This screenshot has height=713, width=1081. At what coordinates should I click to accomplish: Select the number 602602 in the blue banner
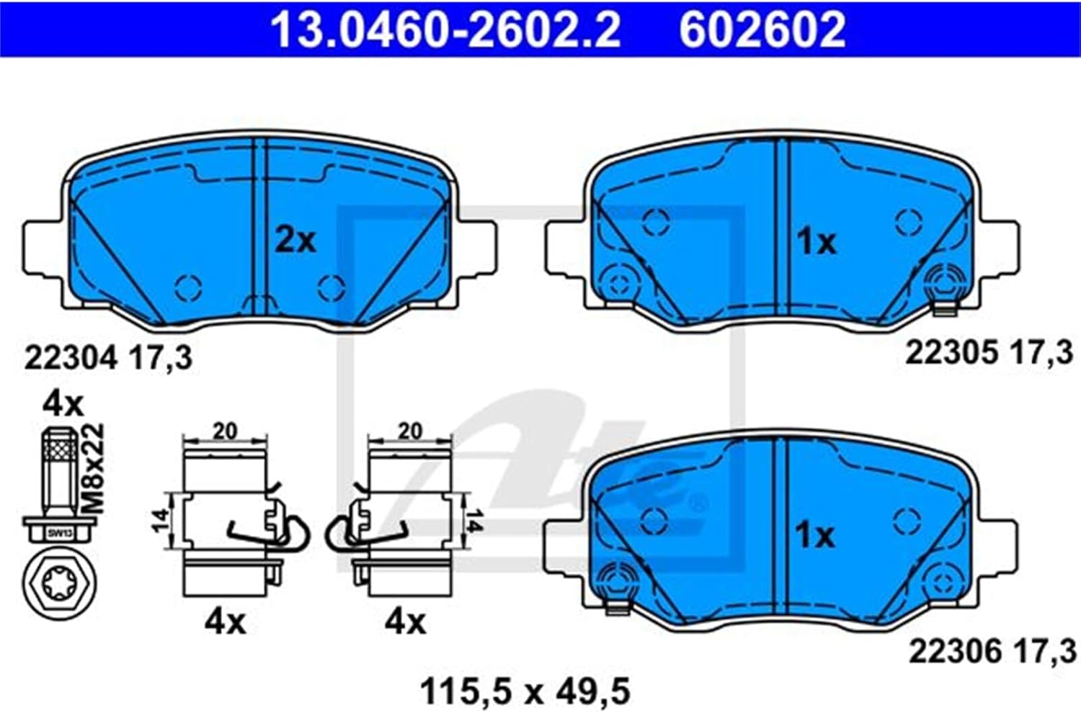coord(763,30)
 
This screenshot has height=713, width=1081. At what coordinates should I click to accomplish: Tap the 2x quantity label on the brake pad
coord(295,241)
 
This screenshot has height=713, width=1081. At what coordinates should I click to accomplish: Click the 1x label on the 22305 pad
coord(816,242)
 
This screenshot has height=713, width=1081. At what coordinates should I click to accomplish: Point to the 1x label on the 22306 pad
coord(814,536)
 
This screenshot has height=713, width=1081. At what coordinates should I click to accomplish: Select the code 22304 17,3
coord(109,358)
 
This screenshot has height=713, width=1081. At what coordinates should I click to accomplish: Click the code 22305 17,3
coord(989,353)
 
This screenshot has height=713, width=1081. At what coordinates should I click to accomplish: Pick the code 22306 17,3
coord(992,652)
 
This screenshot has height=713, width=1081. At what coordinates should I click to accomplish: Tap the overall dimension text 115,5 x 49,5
coord(525,692)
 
